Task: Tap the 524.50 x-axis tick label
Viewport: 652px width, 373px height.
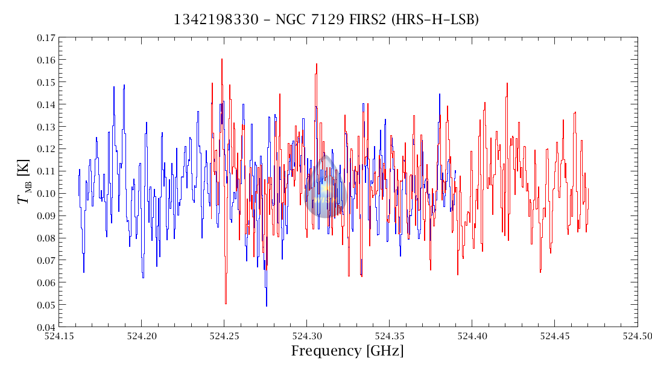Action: [x=638, y=336]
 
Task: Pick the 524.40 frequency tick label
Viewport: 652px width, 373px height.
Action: [x=472, y=336]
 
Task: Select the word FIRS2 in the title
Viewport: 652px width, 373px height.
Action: [x=368, y=20]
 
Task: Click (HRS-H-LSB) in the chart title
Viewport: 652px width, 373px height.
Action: [x=435, y=20]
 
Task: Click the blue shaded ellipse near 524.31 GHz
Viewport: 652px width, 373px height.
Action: [x=325, y=186]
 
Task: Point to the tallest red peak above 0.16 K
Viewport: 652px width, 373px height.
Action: [x=221, y=60]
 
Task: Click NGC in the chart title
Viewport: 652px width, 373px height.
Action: [x=290, y=20]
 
